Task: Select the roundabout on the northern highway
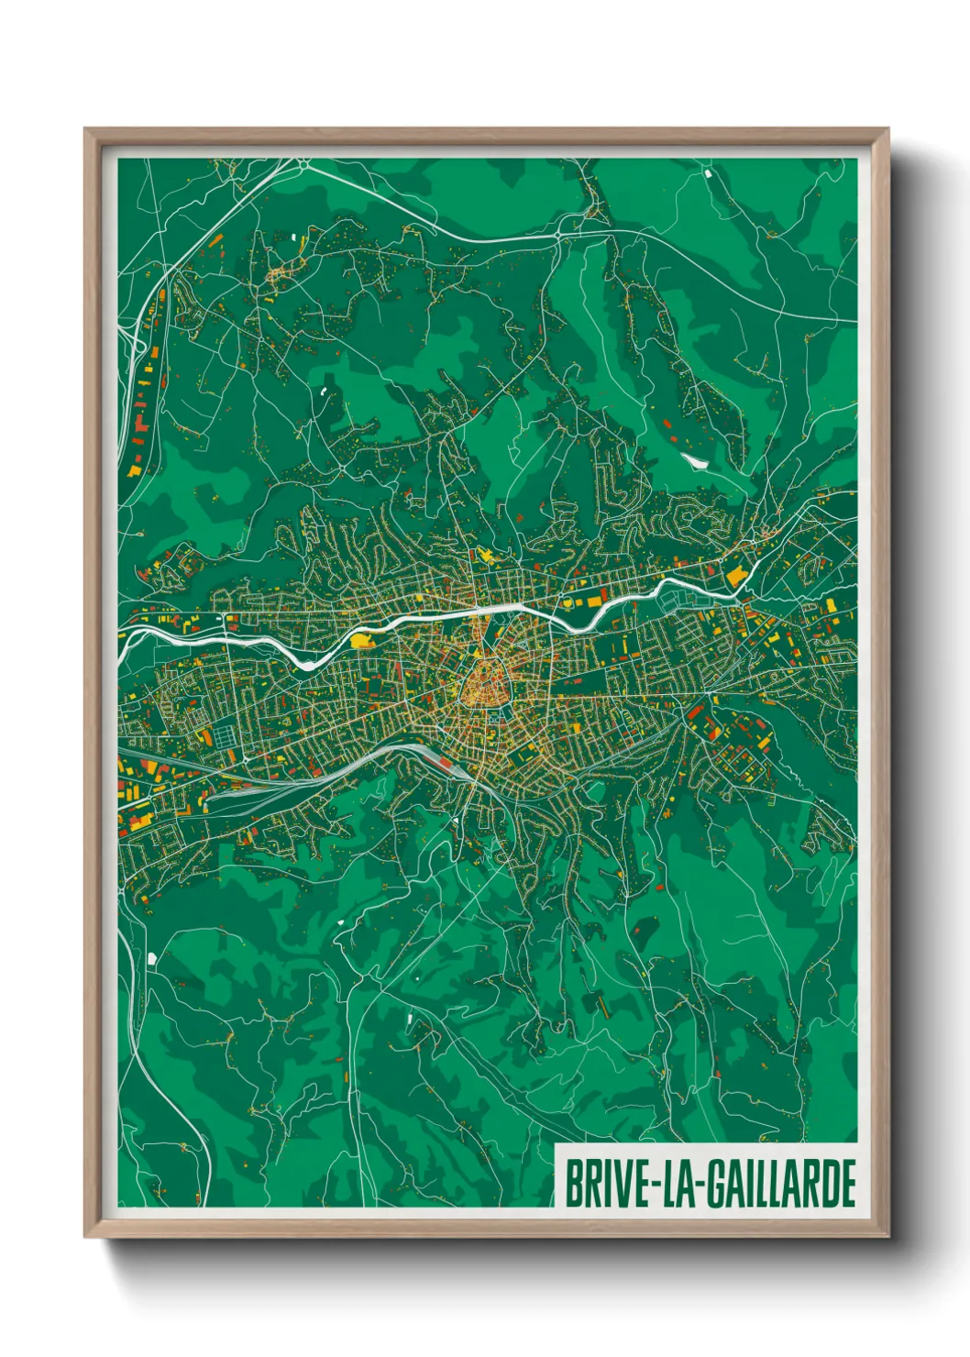point(557,236)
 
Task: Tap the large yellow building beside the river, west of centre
point(364,639)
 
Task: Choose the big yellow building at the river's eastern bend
point(736,576)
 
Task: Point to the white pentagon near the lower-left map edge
point(152,958)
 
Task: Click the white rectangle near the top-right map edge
point(708,171)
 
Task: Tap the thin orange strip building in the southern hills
point(603,1005)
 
